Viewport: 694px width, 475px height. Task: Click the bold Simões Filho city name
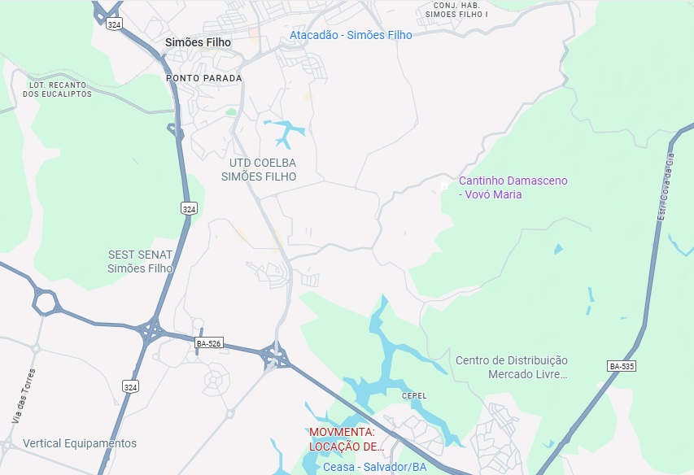[x=198, y=42]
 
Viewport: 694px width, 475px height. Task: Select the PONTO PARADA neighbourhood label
[x=204, y=78]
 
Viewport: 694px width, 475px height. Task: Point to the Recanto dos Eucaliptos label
[x=57, y=89]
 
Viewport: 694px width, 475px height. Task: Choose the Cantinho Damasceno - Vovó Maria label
[x=513, y=187]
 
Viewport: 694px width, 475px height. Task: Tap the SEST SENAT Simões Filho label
[x=141, y=261]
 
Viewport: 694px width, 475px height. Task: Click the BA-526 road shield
[x=209, y=344]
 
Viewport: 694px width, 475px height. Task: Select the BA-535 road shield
[x=621, y=367]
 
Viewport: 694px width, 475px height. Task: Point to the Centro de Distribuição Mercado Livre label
[x=511, y=367]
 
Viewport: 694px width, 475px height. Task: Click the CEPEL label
[x=414, y=396]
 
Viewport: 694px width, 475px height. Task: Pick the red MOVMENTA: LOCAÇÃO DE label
[x=345, y=439]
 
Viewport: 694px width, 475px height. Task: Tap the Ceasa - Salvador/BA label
[x=374, y=468]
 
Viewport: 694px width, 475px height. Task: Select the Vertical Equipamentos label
[x=80, y=443]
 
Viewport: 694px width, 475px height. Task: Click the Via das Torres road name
[x=24, y=395]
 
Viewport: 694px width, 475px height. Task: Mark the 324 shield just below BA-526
[x=130, y=387]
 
